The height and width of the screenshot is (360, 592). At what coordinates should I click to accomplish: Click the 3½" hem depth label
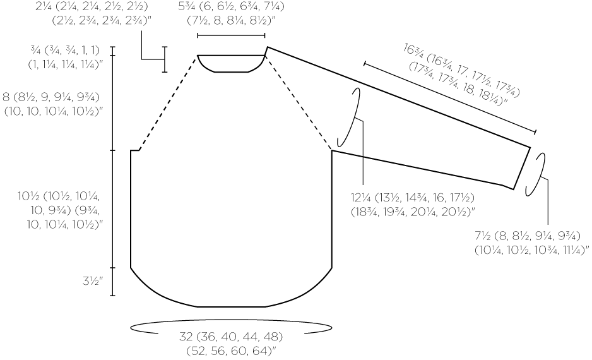(x=93, y=281)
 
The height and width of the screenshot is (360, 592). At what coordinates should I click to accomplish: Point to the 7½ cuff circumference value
(x=483, y=236)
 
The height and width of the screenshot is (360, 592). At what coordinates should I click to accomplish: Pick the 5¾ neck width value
(x=186, y=6)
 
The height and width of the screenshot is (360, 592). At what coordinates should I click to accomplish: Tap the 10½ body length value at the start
(x=30, y=196)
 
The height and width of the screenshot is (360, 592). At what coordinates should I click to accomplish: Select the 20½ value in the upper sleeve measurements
(x=461, y=212)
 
